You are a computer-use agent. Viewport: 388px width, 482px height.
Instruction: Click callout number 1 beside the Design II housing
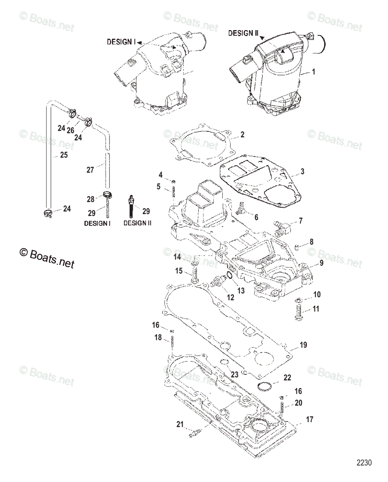[313, 72]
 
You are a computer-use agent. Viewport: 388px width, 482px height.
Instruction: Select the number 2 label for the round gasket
[242, 135]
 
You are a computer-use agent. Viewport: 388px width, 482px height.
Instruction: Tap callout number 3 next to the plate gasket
[302, 172]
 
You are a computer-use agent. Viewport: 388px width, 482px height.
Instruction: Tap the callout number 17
[309, 420]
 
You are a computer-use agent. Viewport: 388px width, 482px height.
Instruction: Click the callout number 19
[303, 345]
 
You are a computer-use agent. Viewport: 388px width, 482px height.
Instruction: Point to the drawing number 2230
[364, 463]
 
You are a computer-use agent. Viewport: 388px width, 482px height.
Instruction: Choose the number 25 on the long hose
[64, 155]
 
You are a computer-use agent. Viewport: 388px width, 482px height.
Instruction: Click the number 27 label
[90, 170]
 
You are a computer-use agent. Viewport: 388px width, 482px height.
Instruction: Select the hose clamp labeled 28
[108, 196]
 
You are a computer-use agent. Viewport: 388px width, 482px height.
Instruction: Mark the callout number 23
[234, 374]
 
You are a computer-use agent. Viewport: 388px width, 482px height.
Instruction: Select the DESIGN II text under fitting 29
[137, 223]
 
